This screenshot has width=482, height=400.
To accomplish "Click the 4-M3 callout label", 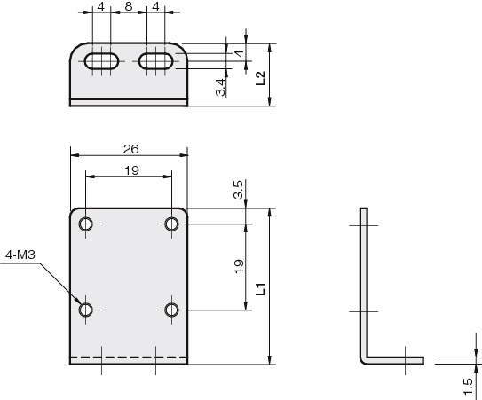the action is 20,255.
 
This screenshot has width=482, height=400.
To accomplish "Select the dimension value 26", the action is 131,149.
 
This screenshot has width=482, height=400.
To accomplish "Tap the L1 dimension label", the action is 260,289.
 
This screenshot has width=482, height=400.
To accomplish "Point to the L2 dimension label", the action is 260,78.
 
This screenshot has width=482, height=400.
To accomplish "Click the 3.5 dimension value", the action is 238,190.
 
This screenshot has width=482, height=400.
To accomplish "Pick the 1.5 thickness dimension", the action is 468,387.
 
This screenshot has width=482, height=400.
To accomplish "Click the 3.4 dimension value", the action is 221,87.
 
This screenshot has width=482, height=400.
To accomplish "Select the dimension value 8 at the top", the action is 129,6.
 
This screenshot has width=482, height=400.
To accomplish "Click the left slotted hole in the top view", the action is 101,61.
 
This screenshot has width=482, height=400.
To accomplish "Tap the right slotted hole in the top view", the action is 156,61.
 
